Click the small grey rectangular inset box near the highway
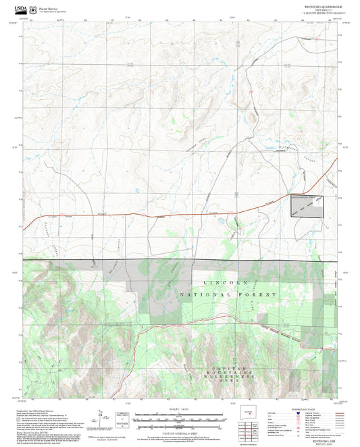click(x=306, y=205)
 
